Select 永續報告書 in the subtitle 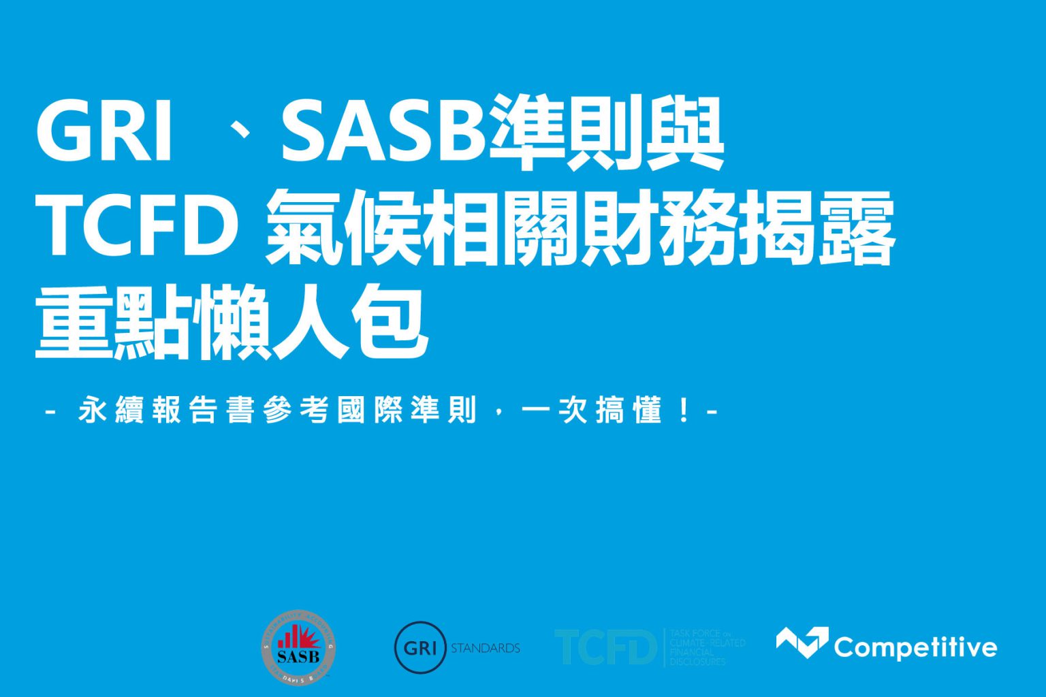(166, 410)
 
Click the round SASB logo (298, 647)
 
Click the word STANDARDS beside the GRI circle (486, 648)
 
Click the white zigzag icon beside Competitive (802, 642)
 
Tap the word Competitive (915, 647)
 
